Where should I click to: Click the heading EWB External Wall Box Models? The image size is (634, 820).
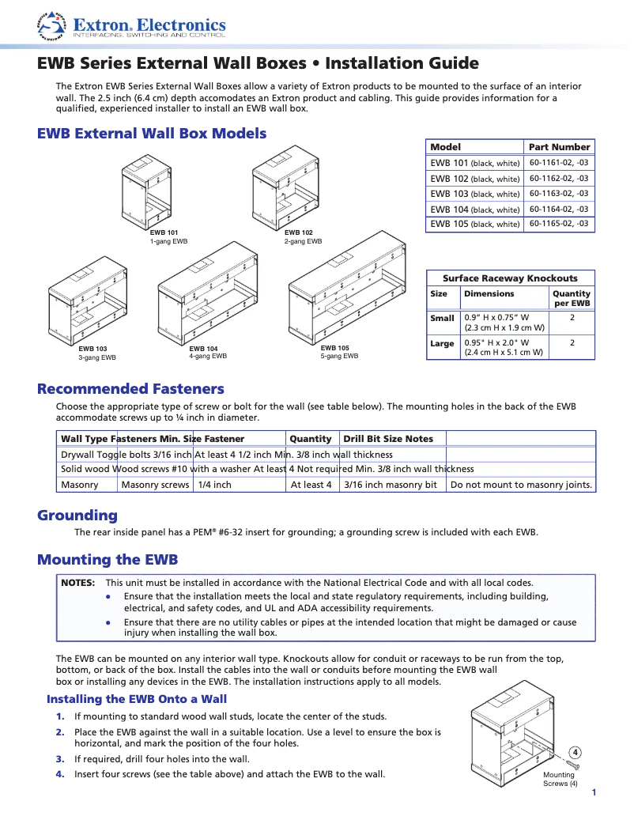(x=152, y=134)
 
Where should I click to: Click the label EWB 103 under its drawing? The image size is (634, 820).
(x=92, y=349)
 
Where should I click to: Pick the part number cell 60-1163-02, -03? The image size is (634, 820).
(x=558, y=193)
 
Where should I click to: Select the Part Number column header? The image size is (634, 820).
(x=559, y=147)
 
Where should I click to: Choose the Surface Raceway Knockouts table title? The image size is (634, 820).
(x=510, y=278)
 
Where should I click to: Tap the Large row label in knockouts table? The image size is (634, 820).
(x=442, y=343)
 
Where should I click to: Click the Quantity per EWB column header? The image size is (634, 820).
(x=572, y=298)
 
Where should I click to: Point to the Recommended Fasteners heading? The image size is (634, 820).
(x=130, y=389)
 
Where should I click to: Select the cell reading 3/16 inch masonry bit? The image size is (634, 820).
(x=391, y=485)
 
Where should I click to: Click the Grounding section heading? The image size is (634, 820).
(x=77, y=516)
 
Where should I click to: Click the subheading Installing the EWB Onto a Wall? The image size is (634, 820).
(x=137, y=699)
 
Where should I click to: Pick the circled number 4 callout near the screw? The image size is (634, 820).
(x=576, y=751)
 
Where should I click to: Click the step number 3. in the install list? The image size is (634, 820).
(x=59, y=759)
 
